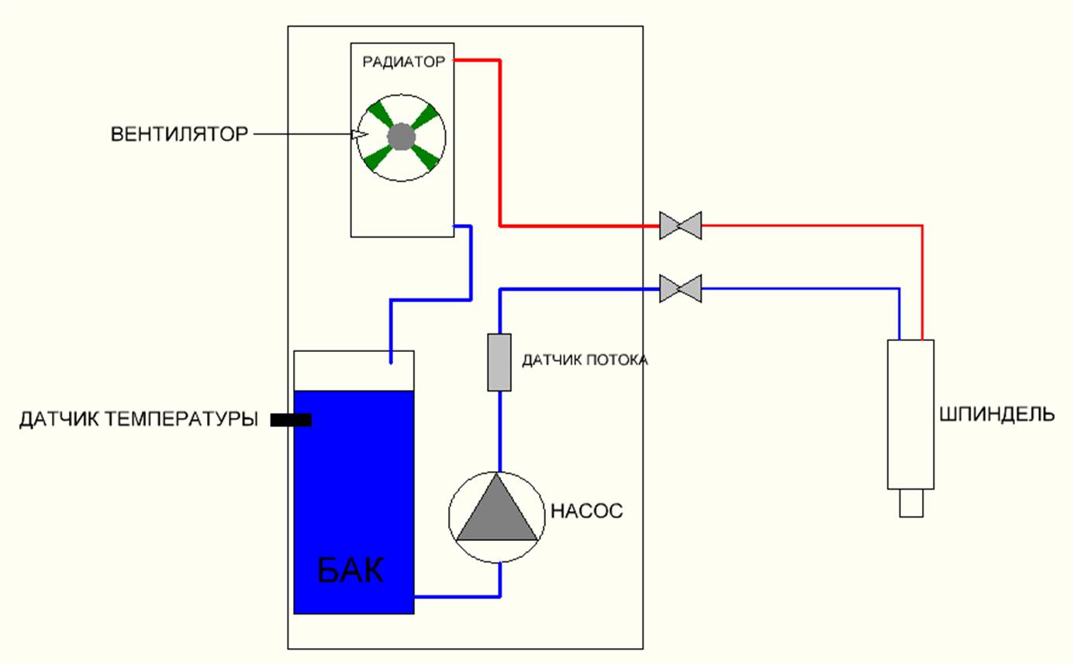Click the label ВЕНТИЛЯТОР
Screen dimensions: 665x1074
click(178, 135)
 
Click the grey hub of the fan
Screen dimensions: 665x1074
click(402, 137)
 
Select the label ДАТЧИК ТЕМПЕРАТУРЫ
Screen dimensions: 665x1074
click(138, 420)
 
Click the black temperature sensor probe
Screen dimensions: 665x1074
click(291, 420)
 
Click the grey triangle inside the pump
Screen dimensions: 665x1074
click(497, 512)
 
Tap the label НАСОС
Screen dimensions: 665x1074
click(586, 512)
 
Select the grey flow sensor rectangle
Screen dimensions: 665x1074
click(499, 362)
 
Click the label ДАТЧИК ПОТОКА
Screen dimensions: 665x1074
click(584, 361)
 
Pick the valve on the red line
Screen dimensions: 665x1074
click(680, 226)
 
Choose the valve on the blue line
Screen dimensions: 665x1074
click(680, 289)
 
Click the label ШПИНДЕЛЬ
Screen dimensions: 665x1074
click(996, 415)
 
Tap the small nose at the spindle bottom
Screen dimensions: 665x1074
click(911, 503)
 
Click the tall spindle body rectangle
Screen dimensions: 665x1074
click(910, 415)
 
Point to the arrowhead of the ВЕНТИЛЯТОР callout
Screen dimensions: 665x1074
click(358, 135)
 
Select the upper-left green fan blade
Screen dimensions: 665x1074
click(379, 115)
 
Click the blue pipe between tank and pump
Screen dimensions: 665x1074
click(458, 597)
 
